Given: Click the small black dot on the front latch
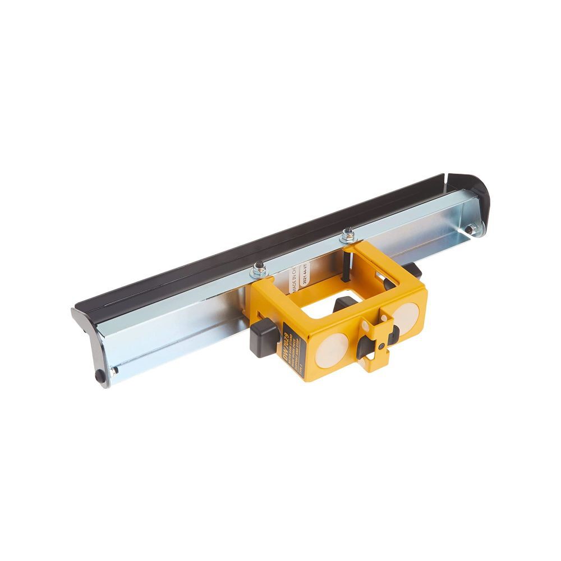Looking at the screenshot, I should coord(381,348).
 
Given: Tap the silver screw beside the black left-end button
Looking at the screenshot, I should coord(113,370).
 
